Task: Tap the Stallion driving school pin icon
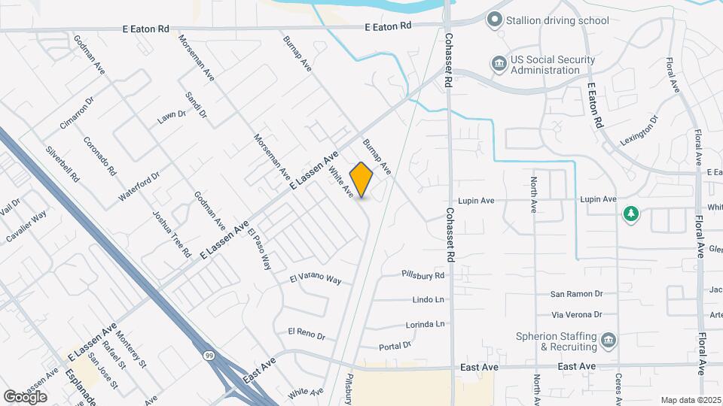coord(494,20)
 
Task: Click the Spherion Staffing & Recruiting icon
coord(607,342)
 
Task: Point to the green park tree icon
coord(630,215)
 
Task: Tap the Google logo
coord(25,396)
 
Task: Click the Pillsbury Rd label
coord(423,276)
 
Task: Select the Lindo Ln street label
coord(429,300)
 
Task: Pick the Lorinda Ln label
coord(425,324)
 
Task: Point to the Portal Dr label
coord(395,346)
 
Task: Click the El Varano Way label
coord(316,279)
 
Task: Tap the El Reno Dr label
coord(306,332)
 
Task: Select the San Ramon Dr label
coord(577,294)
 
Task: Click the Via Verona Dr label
coord(577,314)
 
